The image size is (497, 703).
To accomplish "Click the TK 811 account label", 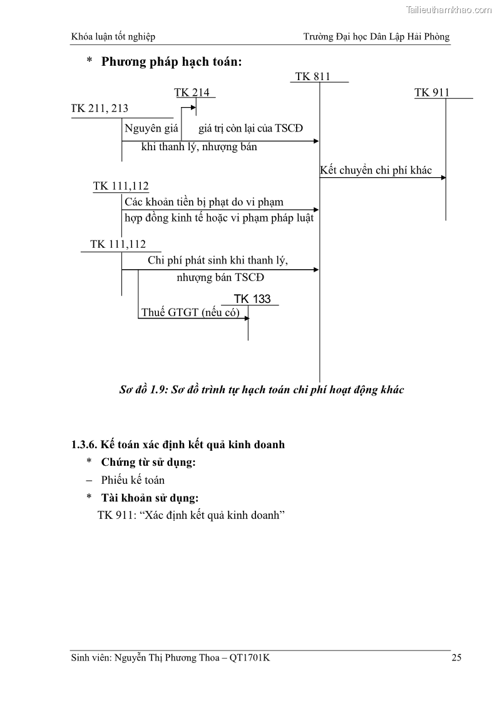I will (312, 77).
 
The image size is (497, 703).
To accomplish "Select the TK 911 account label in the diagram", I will (432, 93).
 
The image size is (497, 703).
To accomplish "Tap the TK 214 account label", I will (192, 93).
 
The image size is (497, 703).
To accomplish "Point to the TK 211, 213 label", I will (100, 108).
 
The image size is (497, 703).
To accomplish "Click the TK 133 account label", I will (252, 299).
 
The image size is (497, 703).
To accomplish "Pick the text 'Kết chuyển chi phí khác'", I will (376, 170).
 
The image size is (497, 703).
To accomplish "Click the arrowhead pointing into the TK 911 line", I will (443, 178).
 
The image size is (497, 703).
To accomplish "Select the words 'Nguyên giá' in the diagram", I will (151, 129).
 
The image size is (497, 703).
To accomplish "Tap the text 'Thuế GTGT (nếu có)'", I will (190, 312).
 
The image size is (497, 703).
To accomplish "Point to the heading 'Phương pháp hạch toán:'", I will (172, 61).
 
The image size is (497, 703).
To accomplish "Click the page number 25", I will (456, 657).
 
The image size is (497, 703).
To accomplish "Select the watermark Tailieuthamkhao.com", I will (449, 10).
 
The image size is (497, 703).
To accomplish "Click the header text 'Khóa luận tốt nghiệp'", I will (113, 36).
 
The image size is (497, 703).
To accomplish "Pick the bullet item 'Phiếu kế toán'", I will (133, 480).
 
